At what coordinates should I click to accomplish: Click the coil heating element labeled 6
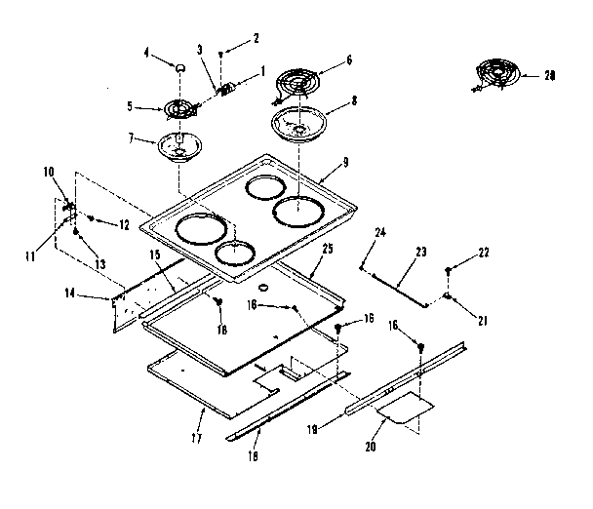(x=296, y=83)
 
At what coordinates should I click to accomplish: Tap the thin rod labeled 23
(x=402, y=283)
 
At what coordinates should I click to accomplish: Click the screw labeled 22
(x=448, y=269)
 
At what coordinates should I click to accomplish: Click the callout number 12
(x=125, y=225)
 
